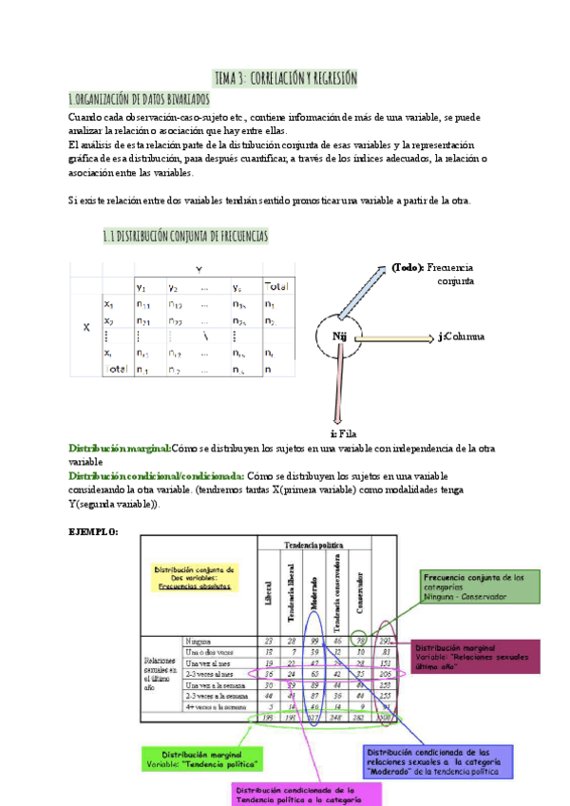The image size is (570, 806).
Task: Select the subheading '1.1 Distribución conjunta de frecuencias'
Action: (x=185, y=235)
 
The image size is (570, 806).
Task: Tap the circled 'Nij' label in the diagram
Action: (x=339, y=336)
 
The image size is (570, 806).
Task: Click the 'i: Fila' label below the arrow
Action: (x=341, y=432)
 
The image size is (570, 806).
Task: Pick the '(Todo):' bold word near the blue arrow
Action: (x=408, y=268)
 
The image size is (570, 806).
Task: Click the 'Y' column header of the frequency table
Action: (x=199, y=268)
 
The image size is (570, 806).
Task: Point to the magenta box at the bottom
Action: (x=294, y=794)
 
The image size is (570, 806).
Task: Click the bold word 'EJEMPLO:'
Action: (x=93, y=531)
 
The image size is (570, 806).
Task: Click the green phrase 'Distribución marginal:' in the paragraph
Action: (x=119, y=448)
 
